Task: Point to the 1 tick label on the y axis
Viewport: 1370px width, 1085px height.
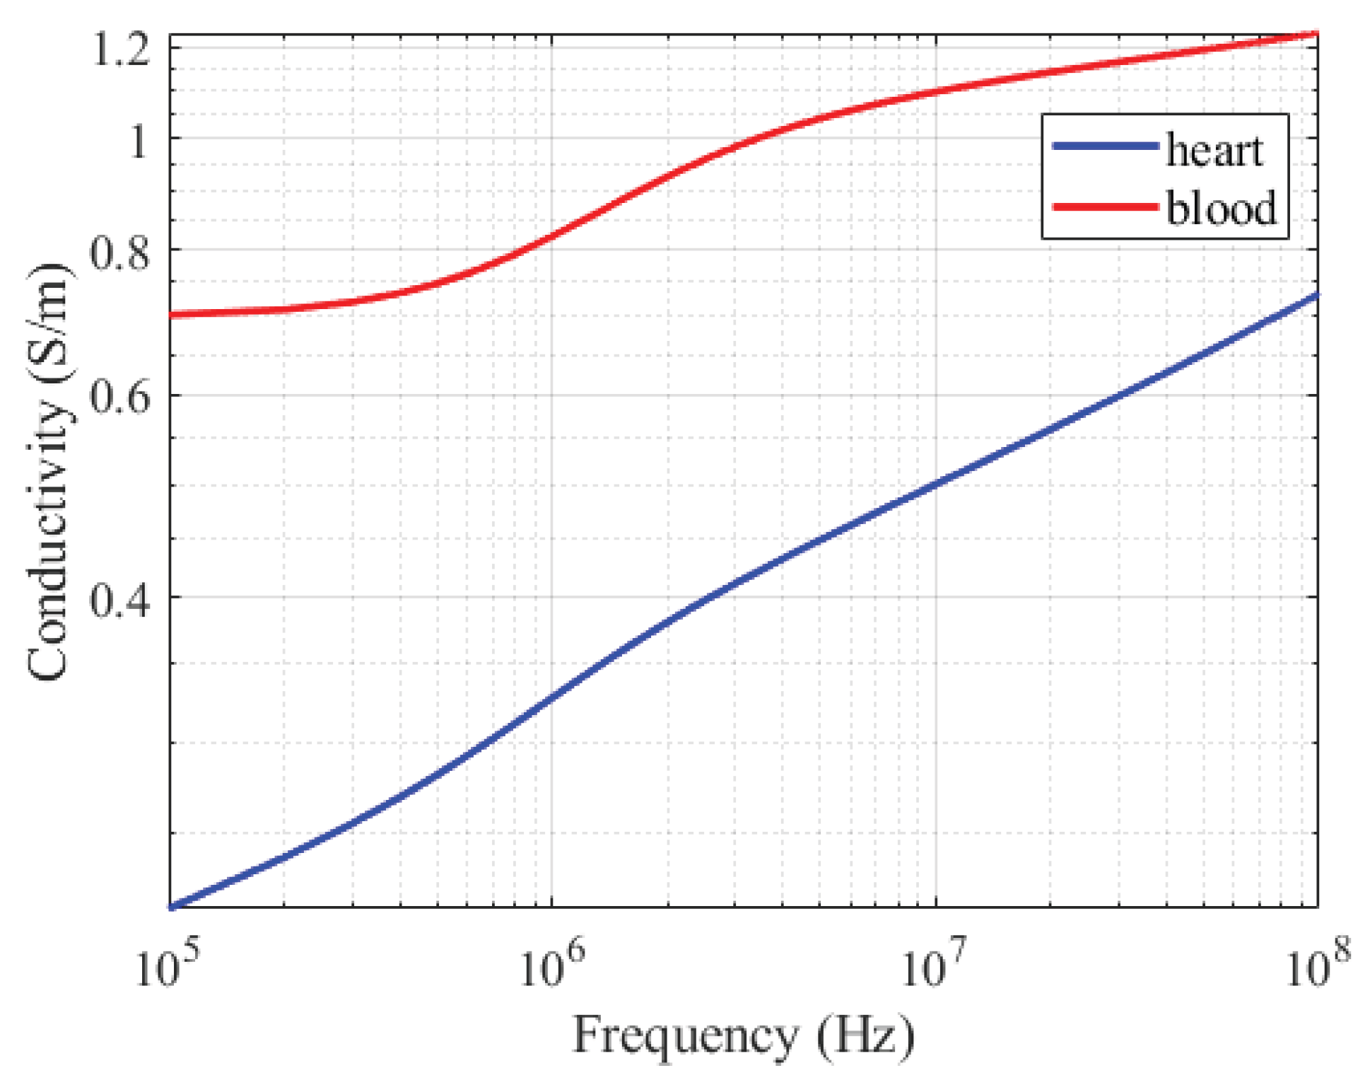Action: click(x=138, y=139)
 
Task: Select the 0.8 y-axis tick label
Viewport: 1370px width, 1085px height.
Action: click(x=120, y=251)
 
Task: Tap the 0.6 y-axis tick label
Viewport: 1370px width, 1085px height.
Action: click(x=120, y=397)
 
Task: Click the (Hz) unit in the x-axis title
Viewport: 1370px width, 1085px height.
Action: click(x=865, y=1037)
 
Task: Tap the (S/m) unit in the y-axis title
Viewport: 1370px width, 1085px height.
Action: click(x=49, y=322)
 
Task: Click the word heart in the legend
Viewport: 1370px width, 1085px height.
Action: click(x=1214, y=150)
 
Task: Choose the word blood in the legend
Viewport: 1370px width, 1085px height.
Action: click(x=1222, y=208)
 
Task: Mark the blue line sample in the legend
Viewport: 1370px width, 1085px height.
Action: click(x=1105, y=146)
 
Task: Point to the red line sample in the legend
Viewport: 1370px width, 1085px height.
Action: click(x=1105, y=207)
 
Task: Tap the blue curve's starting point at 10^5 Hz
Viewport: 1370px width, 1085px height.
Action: click(x=172, y=906)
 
